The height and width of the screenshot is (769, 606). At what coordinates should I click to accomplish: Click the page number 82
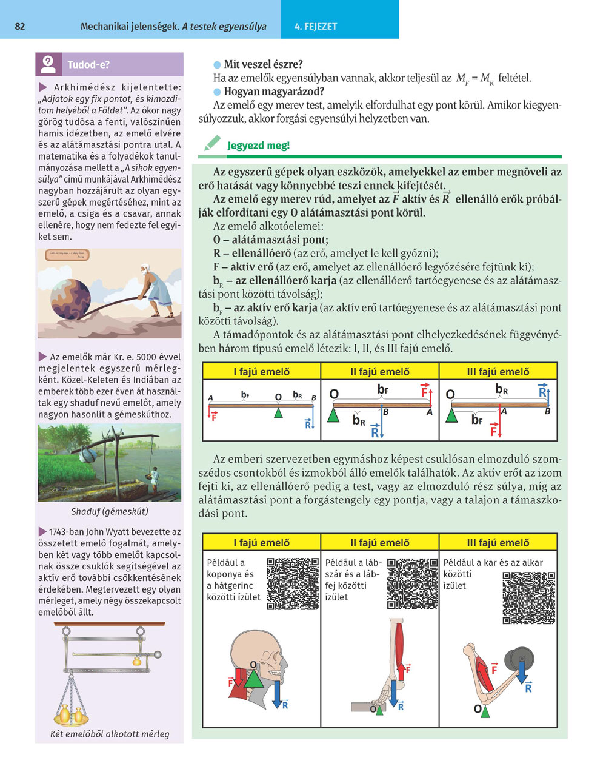click(20, 27)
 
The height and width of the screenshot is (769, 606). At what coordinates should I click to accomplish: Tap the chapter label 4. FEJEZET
click(315, 27)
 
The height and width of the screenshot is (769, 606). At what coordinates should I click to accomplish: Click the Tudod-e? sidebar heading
click(88, 64)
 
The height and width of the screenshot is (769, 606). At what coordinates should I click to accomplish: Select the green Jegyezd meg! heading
click(258, 146)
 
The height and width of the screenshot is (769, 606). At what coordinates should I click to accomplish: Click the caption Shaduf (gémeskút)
click(110, 511)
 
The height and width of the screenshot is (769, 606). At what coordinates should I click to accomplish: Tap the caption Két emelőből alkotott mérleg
click(110, 734)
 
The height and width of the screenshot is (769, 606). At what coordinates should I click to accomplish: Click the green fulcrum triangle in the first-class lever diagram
click(278, 412)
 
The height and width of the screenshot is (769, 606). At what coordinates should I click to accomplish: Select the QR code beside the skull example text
click(293, 583)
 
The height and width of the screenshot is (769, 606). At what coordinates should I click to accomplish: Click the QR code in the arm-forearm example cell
click(529, 597)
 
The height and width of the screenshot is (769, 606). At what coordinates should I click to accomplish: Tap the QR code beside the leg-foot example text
click(412, 583)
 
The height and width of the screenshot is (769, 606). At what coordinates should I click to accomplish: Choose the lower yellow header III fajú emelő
click(498, 543)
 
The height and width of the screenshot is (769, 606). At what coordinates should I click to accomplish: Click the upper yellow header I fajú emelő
click(261, 372)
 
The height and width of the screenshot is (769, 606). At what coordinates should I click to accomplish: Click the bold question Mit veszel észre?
click(264, 64)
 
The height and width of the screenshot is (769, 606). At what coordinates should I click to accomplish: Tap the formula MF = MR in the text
click(474, 78)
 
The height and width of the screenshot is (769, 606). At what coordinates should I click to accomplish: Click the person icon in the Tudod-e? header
click(49, 64)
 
